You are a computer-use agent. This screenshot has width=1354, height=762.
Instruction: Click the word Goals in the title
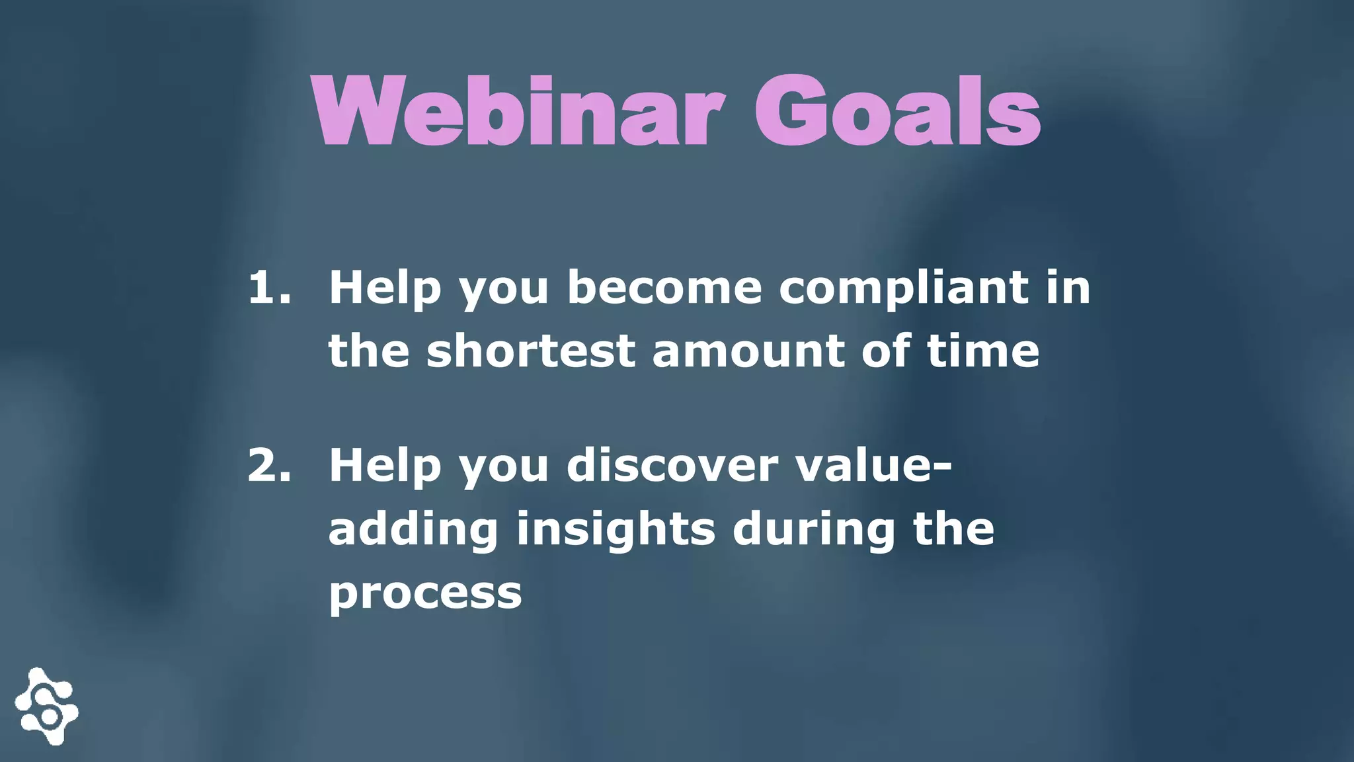(897, 111)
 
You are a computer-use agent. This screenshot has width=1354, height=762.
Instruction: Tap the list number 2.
(268, 465)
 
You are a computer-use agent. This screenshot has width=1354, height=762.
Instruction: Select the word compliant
(903, 289)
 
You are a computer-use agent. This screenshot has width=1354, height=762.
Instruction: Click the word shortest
(531, 351)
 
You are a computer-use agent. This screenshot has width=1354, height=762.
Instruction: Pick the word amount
(748, 351)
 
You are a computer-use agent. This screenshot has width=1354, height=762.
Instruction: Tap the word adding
(413, 530)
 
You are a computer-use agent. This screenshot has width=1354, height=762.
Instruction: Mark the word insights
(616, 530)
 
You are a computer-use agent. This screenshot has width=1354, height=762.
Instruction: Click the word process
(425, 593)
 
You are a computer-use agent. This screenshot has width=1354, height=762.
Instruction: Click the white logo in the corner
(47, 706)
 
